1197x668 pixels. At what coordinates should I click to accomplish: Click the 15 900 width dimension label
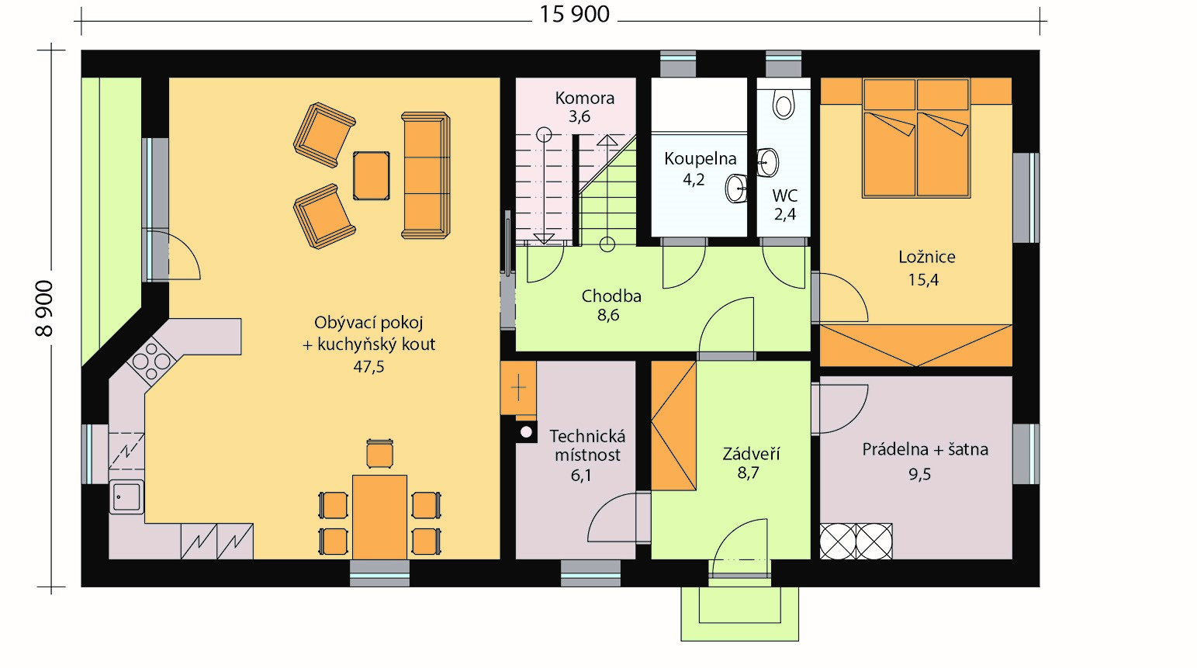pyautogui.click(x=575, y=14)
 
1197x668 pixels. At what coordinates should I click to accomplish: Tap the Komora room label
pyautogui.click(x=585, y=98)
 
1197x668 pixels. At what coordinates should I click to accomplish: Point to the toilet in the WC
pyautogui.click(x=784, y=104)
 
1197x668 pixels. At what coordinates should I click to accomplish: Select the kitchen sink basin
pyautogui.click(x=126, y=497)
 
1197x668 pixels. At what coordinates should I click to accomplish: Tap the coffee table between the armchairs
pyautogui.click(x=372, y=176)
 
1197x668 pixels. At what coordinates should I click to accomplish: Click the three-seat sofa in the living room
pyautogui.click(x=426, y=175)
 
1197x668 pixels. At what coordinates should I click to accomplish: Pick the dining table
pyautogui.click(x=379, y=517)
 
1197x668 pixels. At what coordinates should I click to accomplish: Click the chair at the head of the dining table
pyautogui.click(x=380, y=454)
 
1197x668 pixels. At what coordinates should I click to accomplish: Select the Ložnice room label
pyautogui.click(x=926, y=257)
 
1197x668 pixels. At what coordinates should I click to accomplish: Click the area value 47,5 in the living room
pyautogui.click(x=368, y=367)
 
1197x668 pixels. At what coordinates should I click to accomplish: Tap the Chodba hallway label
pyautogui.click(x=611, y=296)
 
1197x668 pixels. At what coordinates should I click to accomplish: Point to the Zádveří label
pyautogui.click(x=752, y=453)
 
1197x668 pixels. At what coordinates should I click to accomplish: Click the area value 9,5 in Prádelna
pyautogui.click(x=919, y=474)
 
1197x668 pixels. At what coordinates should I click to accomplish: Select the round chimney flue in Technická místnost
pyautogui.click(x=527, y=432)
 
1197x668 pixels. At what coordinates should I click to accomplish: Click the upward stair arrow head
pyautogui.click(x=607, y=140)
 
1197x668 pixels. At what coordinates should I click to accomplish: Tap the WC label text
pyautogui.click(x=785, y=196)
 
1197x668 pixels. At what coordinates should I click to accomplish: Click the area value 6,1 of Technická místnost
pyautogui.click(x=581, y=475)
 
